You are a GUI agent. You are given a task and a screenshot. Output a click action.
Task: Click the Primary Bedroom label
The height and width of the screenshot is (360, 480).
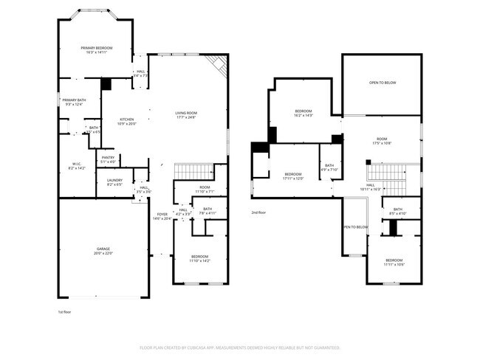[96, 50]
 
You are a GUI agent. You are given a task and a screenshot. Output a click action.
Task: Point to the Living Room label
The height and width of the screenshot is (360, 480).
[186, 114]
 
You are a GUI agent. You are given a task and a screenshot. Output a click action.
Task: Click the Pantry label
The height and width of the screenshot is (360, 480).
[108, 159]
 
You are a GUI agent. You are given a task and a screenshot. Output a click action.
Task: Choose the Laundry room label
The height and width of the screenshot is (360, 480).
[114, 181]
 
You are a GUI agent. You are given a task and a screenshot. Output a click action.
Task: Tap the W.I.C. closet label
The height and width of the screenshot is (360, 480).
[77, 166]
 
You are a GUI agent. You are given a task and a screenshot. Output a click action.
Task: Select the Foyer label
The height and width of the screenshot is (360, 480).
[162, 216]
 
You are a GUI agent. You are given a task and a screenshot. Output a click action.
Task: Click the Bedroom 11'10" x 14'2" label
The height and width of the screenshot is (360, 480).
[200, 258]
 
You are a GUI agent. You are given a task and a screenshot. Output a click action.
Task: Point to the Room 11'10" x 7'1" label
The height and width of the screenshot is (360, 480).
[205, 190]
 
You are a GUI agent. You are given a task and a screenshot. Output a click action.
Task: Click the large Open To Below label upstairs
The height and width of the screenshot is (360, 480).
[382, 83]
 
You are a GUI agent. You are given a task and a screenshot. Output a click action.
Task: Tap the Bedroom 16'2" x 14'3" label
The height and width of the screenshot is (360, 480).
[304, 113]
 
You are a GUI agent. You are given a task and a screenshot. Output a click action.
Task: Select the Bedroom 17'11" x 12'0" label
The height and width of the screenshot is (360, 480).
[294, 176]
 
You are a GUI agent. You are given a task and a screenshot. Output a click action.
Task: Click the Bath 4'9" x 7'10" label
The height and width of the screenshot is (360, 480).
[329, 167]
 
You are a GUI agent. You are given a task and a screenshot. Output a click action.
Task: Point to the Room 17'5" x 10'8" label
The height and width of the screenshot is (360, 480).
[382, 141]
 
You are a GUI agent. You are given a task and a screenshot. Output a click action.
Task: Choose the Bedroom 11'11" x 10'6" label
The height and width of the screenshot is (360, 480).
[394, 262]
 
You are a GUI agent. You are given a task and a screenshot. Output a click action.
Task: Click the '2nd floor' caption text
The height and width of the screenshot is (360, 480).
[258, 212]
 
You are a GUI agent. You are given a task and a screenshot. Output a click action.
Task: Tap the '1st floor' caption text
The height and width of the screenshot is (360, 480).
[66, 313]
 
